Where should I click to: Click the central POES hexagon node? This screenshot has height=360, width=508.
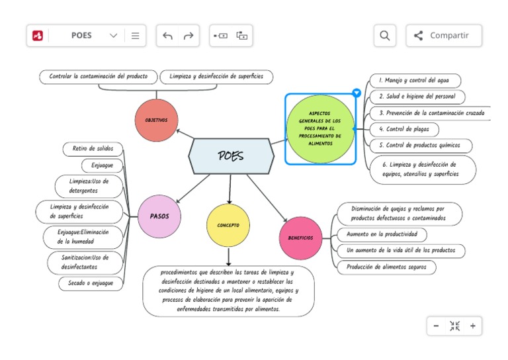231,157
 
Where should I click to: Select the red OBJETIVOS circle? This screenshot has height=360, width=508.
157,120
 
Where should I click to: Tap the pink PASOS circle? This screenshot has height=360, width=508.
159,216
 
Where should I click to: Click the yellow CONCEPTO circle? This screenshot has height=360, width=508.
228,226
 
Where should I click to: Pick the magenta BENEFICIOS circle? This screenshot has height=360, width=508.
300,238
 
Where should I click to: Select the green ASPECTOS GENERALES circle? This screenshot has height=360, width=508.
320,128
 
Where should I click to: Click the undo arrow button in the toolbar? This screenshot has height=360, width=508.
167,36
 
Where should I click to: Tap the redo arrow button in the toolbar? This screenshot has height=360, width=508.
189,36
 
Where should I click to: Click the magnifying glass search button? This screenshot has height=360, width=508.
384,36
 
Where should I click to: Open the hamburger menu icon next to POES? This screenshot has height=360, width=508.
135,36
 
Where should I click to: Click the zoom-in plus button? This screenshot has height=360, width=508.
472,326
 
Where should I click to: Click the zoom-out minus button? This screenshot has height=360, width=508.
436,326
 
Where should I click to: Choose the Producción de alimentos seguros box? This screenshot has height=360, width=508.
386,267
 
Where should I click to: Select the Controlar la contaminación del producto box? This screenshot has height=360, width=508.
99,77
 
